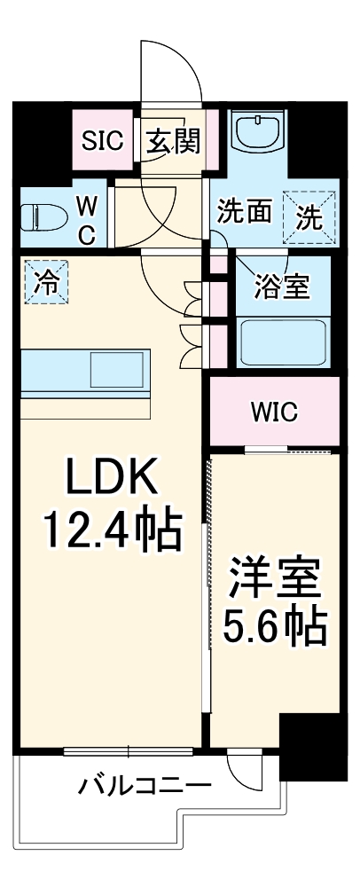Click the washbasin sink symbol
[x=259, y=134]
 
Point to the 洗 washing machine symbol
[x=309, y=216]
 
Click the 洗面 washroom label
[x=245, y=213]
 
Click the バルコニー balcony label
[x=145, y=785]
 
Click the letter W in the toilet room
[x=87, y=206]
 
